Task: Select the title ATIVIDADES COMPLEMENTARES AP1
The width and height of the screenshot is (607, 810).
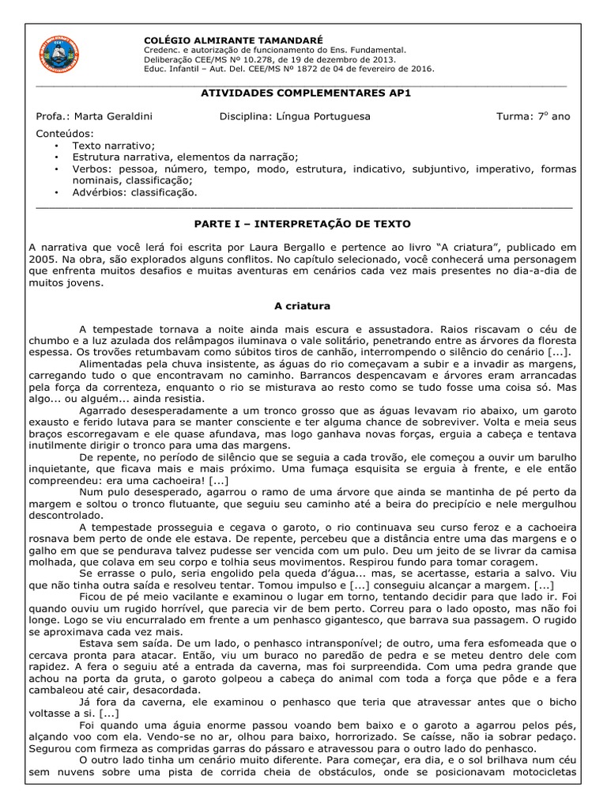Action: [x=303, y=93]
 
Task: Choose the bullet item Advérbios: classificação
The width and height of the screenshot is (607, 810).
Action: [x=135, y=191]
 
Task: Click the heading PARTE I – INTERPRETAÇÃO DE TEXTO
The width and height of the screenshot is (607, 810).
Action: [x=303, y=224]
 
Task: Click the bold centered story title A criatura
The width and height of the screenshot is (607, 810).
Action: [x=303, y=305]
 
